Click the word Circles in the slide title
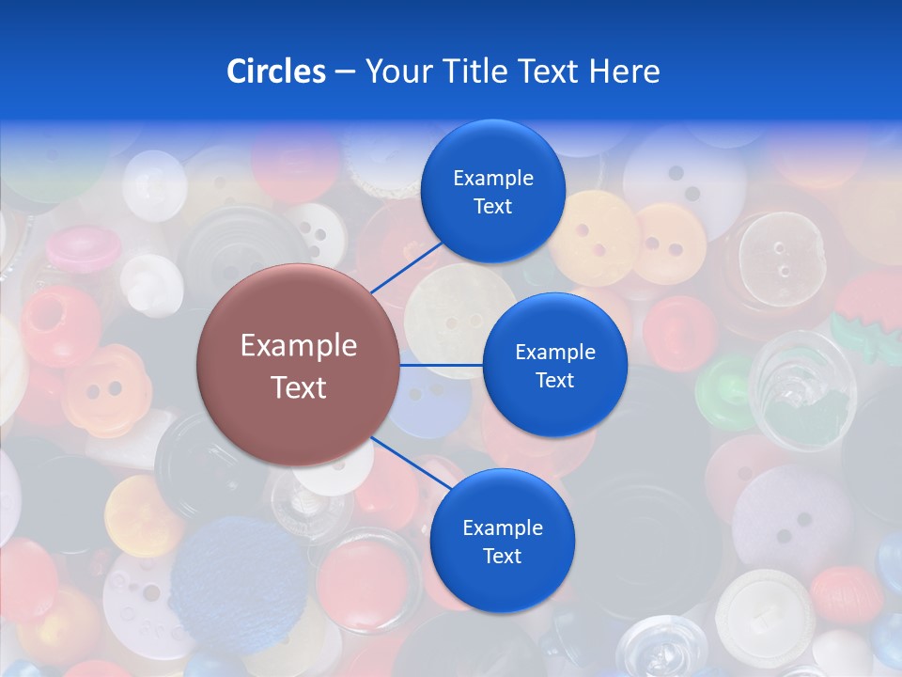tap(275, 71)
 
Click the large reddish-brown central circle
tap(298, 365)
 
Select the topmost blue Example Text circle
tap(493, 191)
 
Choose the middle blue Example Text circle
tap(554, 365)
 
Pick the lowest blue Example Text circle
tap(502, 541)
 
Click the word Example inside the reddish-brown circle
tap(298, 346)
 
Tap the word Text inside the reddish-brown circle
tap(298, 387)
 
